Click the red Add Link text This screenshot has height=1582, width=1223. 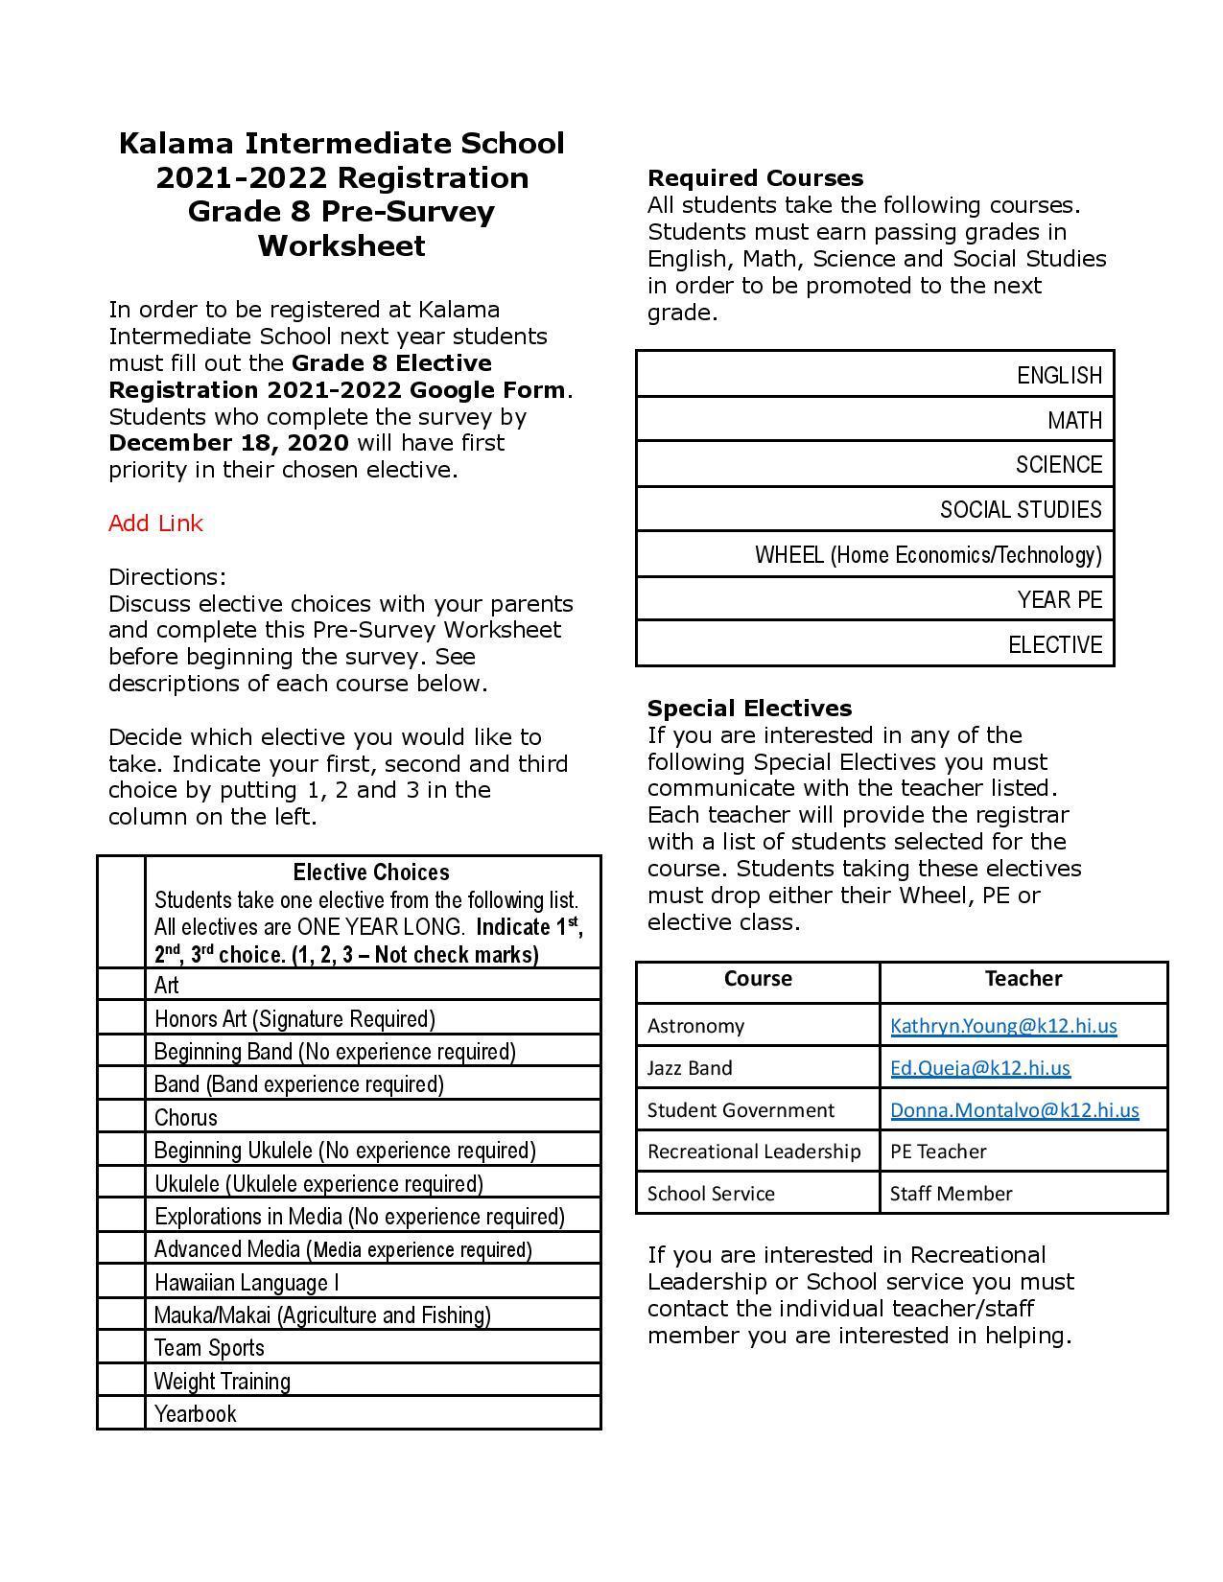(x=155, y=523)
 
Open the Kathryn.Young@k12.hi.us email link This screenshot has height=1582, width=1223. (x=1002, y=1026)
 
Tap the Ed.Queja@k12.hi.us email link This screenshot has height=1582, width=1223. (x=979, y=1068)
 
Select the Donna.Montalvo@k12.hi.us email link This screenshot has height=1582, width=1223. (x=1014, y=1110)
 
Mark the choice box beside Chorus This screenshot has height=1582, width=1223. (x=121, y=1117)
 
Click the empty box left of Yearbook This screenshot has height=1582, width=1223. (x=121, y=1413)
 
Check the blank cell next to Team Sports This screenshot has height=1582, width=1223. (x=121, y=1348)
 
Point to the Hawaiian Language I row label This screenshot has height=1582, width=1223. (x=247, y=1283)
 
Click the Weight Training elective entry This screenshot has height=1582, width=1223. (x=222, y=1382)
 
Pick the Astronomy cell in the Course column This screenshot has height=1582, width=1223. (x=695, y=1026)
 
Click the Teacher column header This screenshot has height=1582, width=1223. (x=1023, y=979)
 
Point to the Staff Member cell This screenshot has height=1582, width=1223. (x=951, y=1194)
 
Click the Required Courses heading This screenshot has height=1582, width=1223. (x=755, y=178)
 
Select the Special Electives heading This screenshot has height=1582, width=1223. (x=749, y=709)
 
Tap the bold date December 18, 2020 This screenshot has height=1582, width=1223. (x=228, y=443)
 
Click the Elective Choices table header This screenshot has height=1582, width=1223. (x=371, y=872)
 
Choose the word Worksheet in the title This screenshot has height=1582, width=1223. (x=341, y=246)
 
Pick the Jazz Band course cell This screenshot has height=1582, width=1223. (x=690, y=1068)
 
